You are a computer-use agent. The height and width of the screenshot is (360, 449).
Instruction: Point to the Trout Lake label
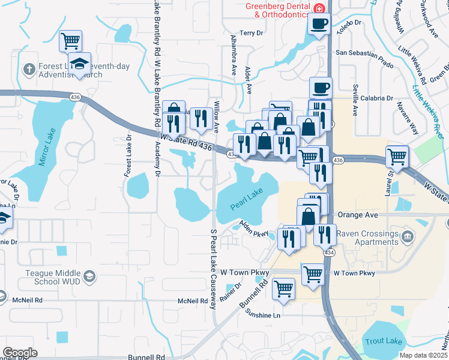coord(383,341)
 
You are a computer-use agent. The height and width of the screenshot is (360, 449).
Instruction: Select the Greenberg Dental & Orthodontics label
coord(276,10)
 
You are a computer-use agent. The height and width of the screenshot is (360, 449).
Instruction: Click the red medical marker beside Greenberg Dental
coord(319,8)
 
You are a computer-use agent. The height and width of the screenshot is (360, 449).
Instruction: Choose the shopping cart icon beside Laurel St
coord(397,157)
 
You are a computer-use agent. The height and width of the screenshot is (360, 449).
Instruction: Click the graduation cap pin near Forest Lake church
coord(79,64)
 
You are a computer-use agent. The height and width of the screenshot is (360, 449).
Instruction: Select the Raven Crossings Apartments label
coord(366,238)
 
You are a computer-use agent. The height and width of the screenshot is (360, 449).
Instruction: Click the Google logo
coord(20,352)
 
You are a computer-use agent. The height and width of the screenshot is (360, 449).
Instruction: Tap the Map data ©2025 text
coord(423,355)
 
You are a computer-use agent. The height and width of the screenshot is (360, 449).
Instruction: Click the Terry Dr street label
coord(251,33)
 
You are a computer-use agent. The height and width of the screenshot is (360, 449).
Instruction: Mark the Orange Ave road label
coord(357,214)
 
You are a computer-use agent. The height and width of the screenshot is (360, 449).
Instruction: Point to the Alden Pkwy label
coord(254,227)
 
